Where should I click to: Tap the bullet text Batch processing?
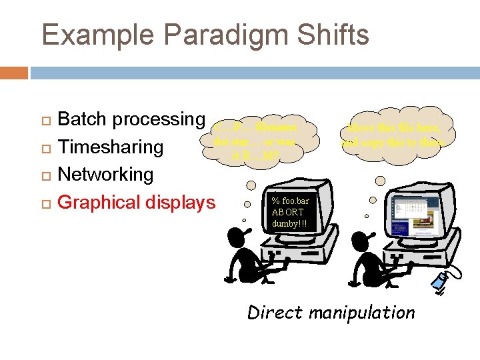(131, 119)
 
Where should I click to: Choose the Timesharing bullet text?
(111, 147)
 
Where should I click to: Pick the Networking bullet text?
(106, 175)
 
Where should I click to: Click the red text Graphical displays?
(137, 202)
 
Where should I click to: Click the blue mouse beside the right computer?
(441, 281)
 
